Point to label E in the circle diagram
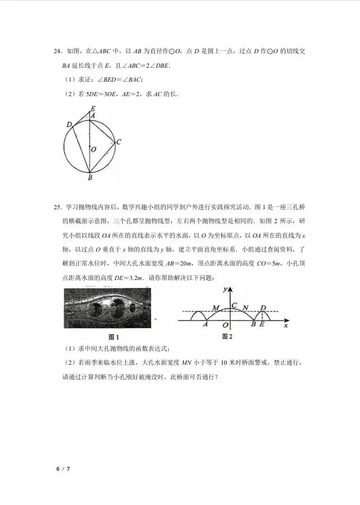92,109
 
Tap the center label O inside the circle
92,148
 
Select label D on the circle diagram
70,125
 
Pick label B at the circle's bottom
90,177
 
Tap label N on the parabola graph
245,308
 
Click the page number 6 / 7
63,469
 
